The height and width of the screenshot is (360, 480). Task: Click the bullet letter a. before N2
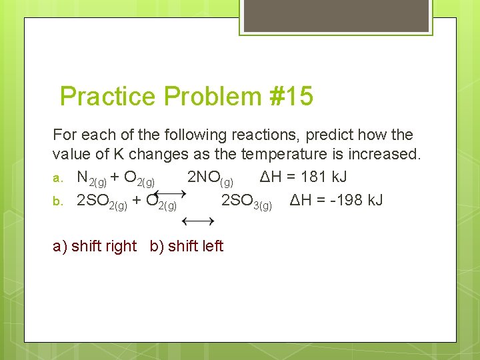coord(59,178)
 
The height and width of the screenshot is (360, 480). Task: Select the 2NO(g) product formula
coord(210,179)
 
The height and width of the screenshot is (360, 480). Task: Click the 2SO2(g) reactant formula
coord(102,201)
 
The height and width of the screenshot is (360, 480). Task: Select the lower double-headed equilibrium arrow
coord(197,220)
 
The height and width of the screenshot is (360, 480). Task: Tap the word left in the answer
coord(212,246)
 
